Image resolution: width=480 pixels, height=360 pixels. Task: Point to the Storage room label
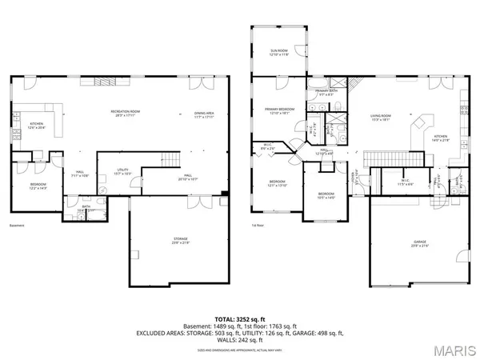pos(181,239)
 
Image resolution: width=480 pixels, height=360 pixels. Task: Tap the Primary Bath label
pos(326,92)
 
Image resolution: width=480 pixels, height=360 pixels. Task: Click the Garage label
pos(419,242)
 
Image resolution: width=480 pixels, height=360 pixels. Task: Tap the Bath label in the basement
pos(86,207)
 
